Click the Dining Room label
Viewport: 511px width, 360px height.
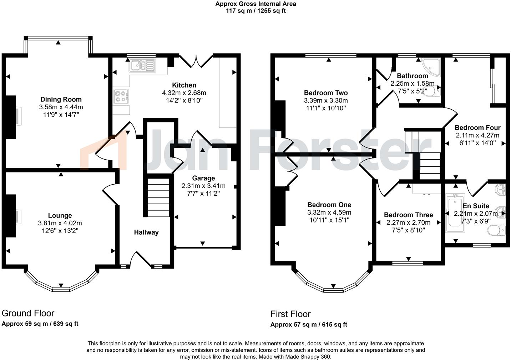coord(61,99)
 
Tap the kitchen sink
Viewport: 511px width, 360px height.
coord(142,65)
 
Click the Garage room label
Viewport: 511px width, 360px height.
coord(203,178)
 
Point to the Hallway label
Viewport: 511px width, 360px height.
coord(146,232)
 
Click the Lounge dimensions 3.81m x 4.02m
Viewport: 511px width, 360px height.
coord(60,223)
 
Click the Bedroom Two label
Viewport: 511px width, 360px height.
coord(326,93)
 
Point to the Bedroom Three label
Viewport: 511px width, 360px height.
coord(408,215)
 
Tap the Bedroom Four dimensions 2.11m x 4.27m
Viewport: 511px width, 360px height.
coord(477,135)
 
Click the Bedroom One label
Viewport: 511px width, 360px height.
coord(329,205)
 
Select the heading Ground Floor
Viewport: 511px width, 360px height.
coord(28,313)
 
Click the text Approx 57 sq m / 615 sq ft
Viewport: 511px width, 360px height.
coord(309,325)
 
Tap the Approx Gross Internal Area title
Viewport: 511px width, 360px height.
coord(255,4)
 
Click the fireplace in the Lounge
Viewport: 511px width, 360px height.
coord(14,216)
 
